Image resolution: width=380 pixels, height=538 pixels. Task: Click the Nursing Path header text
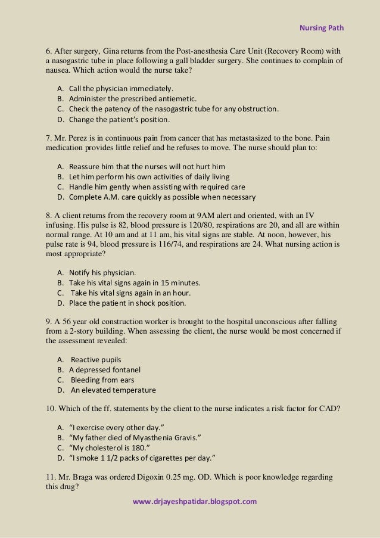point(321,27)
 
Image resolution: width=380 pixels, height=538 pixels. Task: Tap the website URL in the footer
point(194,501)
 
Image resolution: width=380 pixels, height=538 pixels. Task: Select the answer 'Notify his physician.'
point(98,272)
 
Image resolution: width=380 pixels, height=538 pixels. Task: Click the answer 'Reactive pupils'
point(96,360)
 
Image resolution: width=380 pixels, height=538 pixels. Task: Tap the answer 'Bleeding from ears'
point(102,380)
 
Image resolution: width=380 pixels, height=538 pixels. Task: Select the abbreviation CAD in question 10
point(327,409)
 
